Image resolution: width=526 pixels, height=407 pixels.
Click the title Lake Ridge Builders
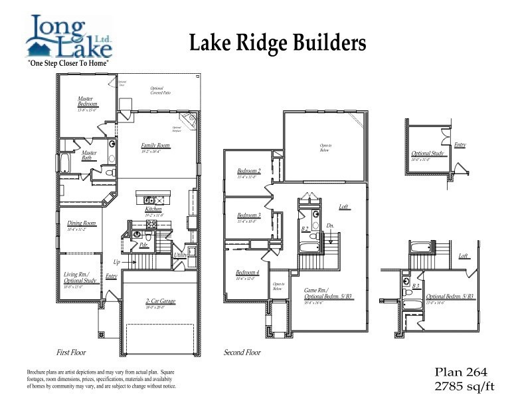coord(278,43)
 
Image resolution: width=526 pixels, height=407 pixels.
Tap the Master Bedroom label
coord(87,102)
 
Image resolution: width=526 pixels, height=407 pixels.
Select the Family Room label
coord(154,145)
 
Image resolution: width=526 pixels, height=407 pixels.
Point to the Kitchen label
coord(153,209)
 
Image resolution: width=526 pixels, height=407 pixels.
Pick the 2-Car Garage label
coord(160,301)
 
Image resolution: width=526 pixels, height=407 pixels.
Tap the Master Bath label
coord(90,155)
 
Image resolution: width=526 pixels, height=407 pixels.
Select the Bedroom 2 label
coord(249,171)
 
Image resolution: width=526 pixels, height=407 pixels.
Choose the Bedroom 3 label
coord(249,215)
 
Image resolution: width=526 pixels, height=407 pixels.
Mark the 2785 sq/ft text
coord(464,385)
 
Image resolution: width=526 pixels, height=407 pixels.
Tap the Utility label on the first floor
coord(179,255)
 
